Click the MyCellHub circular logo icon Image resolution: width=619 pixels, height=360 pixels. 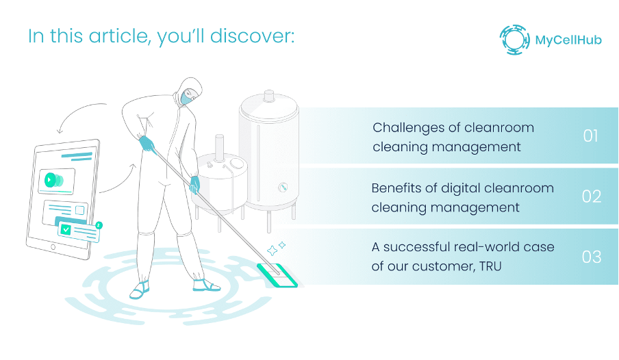514,40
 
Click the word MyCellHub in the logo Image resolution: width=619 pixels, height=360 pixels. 568,40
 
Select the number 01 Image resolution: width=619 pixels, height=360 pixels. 590,136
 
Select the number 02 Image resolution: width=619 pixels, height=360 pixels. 591,196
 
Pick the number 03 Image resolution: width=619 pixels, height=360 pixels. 591,257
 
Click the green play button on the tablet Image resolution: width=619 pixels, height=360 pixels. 50,180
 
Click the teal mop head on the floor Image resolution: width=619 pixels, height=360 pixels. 277,276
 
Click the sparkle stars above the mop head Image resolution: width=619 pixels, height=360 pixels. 276,247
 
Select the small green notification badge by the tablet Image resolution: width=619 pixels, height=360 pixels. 99,224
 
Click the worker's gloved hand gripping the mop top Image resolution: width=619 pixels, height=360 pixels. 147,144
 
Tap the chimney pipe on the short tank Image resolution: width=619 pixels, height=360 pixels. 220,146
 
